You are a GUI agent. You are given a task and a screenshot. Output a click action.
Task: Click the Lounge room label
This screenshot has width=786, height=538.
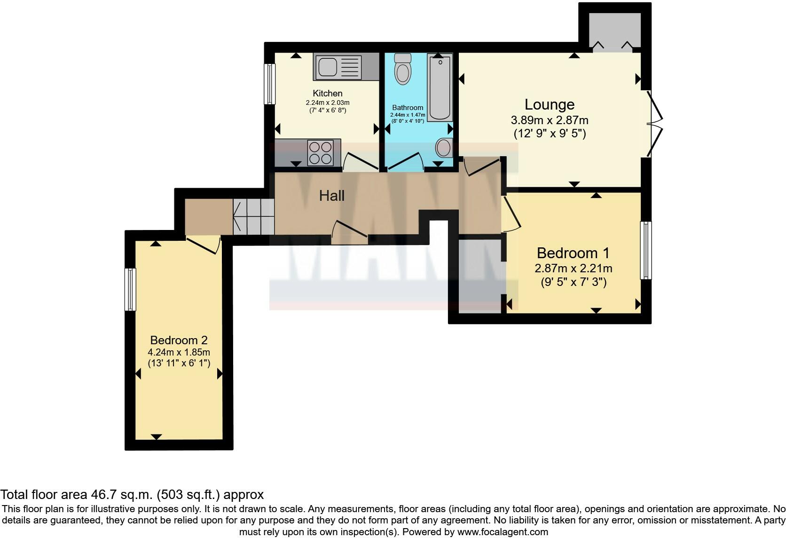[549, 104]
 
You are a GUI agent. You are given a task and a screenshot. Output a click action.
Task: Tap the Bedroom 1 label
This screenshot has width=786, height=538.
[573, 253]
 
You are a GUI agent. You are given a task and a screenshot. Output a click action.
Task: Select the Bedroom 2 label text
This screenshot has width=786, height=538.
[179, 340]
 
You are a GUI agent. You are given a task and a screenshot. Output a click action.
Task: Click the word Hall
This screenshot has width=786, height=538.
[331, 196]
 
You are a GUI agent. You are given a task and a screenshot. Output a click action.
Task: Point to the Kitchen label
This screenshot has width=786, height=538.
[327, 93]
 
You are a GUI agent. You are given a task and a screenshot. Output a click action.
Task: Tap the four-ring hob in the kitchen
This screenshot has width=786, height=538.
[320, 153]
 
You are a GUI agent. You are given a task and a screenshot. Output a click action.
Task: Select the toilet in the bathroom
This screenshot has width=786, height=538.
[402, 69]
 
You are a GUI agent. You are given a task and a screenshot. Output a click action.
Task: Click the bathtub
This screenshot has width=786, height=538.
[440, 87]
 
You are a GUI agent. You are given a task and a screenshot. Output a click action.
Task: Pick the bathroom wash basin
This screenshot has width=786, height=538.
[444, 148]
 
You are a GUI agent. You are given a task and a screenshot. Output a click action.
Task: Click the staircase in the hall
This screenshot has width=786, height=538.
[254, 216]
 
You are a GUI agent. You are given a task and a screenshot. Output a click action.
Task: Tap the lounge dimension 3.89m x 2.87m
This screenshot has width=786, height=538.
[549, 120]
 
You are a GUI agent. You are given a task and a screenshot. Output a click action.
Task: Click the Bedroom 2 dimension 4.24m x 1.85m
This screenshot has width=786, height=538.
[179, 352]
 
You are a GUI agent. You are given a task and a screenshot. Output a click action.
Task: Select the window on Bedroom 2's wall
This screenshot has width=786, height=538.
[130, 289]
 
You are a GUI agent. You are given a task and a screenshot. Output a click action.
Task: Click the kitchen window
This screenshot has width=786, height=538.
[269, 84]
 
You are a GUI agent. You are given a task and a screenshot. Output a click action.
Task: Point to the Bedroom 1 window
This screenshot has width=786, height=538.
[646, 250]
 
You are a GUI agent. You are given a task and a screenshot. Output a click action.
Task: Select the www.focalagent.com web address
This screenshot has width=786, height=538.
[503, 532]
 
